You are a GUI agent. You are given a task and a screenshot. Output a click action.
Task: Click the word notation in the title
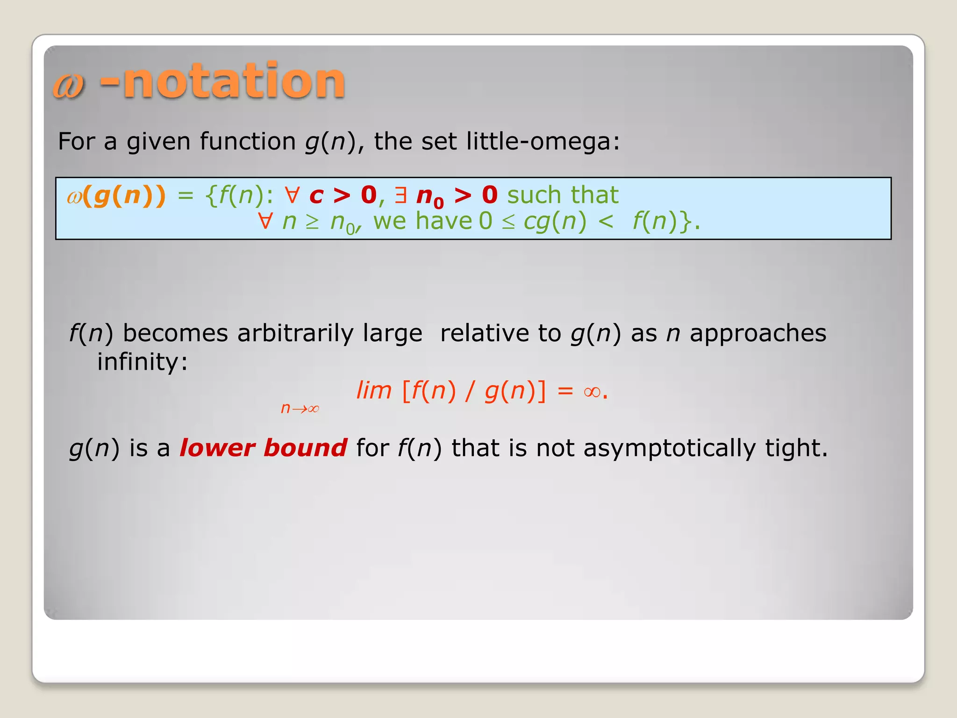233,81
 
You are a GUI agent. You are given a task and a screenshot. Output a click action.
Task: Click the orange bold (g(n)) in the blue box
124,195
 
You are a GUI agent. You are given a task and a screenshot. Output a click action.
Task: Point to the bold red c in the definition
316,195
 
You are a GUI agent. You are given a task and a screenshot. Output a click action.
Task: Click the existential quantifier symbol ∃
400,195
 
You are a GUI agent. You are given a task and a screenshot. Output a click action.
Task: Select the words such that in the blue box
563,195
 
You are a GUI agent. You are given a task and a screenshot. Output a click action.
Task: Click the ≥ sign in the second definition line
312,222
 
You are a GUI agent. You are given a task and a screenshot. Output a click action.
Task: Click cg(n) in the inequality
555,221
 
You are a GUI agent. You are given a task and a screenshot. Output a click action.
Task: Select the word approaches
757,333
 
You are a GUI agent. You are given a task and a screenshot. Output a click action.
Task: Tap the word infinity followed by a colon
142,361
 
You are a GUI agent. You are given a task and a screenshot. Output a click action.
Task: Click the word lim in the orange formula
373,390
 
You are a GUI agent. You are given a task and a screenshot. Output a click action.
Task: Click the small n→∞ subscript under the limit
300,408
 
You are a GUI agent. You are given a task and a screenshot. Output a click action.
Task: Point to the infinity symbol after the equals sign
592,391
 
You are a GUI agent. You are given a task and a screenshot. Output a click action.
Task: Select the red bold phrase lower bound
263,448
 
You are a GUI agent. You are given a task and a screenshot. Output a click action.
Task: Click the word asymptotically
669,448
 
